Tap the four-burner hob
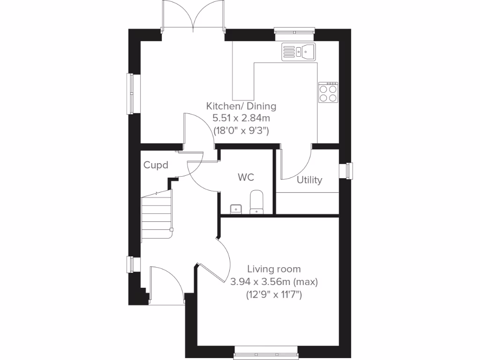[x=328, y=92]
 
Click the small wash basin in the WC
[x=236, y=208]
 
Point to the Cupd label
[x=156, y=165]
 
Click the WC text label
[x=246, y=177]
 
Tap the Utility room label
[x=309, y=180]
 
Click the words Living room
[x=274, y=269]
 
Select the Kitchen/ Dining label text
[x=241, y=106]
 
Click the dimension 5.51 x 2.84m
[x=241, y=118]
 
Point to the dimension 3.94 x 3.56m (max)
[x=274, y=282]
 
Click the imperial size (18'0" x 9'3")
[x=241, y=131]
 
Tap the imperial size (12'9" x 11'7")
[x=274, y=295]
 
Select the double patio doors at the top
[x=193, y=16]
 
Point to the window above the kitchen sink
[x=294, y=32]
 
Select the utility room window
[x=349, y=170]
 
